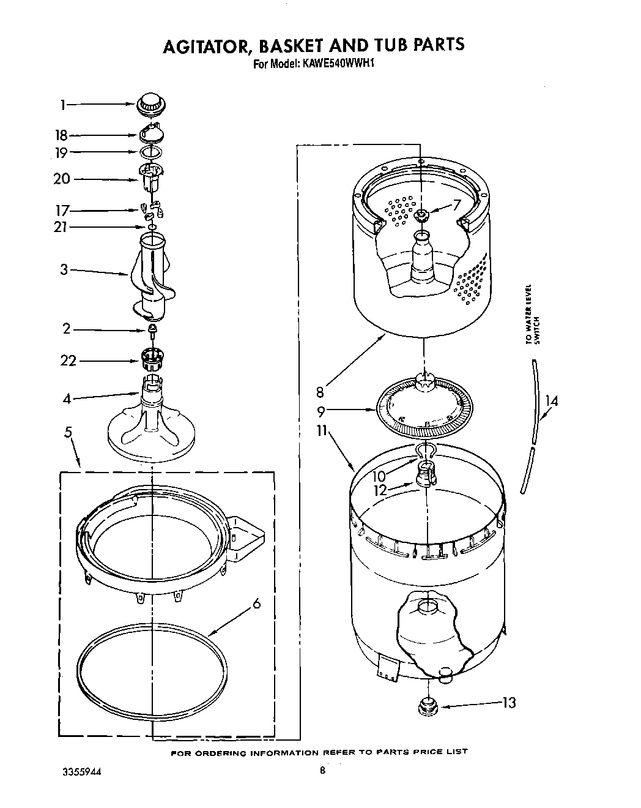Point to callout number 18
62,135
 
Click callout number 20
62,179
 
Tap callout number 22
68,361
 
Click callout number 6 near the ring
257,604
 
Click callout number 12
380,489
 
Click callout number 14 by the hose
552,402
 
